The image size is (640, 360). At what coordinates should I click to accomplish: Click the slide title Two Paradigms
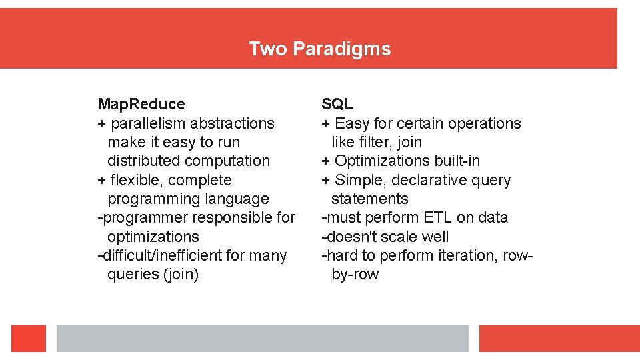(x=319, y=49)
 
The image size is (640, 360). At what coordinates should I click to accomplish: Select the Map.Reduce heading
(x=141, y=104)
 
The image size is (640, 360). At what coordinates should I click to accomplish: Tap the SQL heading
(x=337, y=104)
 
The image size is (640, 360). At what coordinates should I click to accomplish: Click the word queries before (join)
(x=133, y=274)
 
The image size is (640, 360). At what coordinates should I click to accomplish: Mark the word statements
(x=369, y=199)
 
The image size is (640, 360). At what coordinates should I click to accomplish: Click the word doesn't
(x=349, y=237)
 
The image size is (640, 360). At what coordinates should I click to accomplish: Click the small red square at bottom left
(x=29, y=339)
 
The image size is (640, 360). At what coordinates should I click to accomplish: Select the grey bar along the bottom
(x=262, y=339)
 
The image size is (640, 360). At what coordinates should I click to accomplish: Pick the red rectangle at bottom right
(x=559, y=339)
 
